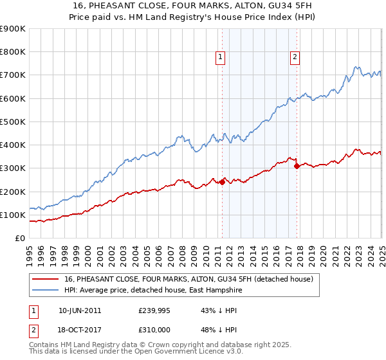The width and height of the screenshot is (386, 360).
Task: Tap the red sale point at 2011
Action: (222, 182)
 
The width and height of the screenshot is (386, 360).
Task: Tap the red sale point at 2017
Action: (297, 166)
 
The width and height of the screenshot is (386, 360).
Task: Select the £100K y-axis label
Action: (13, 215)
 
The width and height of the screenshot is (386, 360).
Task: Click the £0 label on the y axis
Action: (19, 239)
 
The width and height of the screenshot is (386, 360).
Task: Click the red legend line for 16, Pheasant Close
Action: (45, 279)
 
